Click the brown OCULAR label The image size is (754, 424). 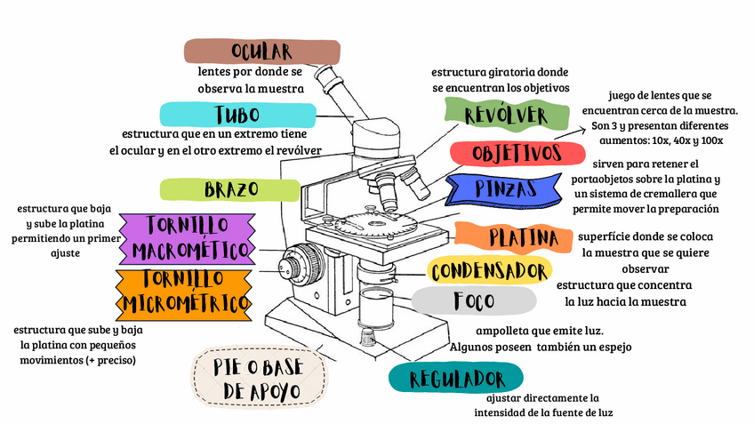tap(261, 51)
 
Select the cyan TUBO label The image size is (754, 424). tap(237, 114)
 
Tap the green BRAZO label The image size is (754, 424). tap(230, 189)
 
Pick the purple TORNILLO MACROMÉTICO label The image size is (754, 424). tap(188, 238)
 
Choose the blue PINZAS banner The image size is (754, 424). tap(505, 188)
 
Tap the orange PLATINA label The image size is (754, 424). tap(524, 237)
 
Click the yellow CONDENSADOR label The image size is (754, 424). tap(489, 270)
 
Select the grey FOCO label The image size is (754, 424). tap(474, 300)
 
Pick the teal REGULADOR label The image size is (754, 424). tap(457, 379)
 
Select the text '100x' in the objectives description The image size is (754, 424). tap(709, 140)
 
